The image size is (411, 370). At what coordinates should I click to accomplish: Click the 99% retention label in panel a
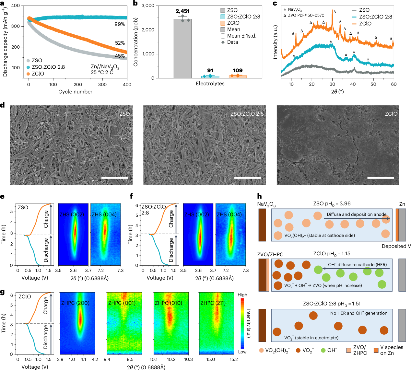pos(120,24)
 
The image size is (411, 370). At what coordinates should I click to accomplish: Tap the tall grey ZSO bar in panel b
pos(182,49)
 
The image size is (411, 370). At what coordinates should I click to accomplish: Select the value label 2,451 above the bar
pos(182,11)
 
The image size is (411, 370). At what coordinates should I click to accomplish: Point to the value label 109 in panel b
pos(238,70)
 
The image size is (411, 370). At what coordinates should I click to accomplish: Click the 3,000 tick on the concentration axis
pos(147,6)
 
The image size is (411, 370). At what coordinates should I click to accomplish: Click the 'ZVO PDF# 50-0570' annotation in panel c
pos(306,15)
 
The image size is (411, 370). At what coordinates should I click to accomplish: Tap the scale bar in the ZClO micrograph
pos(381,178)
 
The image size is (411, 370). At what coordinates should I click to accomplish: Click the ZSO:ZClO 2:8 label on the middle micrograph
pos(247,114)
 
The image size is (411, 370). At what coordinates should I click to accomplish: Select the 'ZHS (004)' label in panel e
pos(104,214)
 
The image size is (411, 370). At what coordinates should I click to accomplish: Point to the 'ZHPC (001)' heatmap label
pos(122,303)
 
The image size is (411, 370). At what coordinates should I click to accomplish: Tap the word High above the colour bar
pos(242,295)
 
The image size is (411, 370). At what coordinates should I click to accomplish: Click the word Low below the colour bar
pos(242,352)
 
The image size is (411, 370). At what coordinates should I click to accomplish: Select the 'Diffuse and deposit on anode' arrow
pos(357,219)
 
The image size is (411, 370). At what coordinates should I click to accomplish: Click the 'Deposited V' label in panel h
pos(396,246)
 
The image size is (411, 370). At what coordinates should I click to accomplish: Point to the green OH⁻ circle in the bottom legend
pos(323,350)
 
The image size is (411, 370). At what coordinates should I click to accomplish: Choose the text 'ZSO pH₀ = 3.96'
pos(332,204)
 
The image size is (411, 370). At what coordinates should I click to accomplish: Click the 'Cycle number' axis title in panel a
pos(75,92)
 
